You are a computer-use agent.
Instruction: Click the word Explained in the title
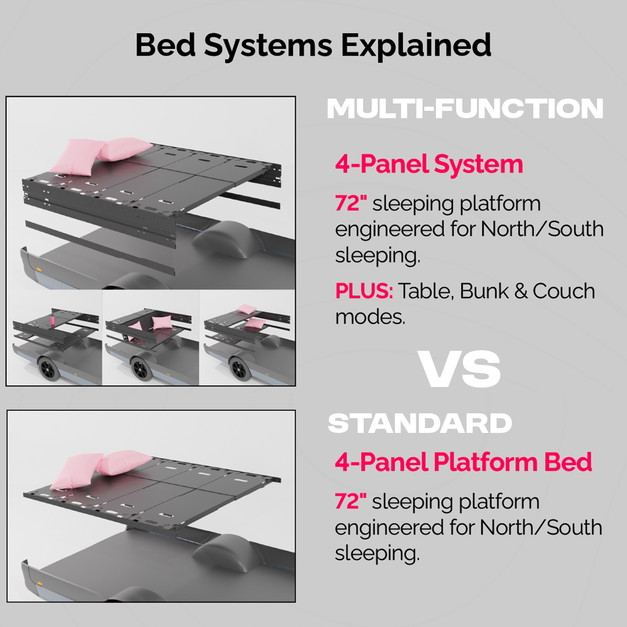click(416, 45)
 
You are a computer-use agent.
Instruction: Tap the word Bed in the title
click(165, 45)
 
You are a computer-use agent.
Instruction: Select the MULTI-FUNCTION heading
click(465, 109)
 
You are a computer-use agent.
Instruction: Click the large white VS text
click(459, 369)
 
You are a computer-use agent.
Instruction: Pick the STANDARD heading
click(420, 424)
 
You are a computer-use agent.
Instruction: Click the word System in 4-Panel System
click(478, 165)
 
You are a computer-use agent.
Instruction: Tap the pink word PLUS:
click(364, 291)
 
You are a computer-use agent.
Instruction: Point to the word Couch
click(564, 291)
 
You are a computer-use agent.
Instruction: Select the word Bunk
click(484, 291)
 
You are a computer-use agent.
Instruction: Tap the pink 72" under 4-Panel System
click(351, 203)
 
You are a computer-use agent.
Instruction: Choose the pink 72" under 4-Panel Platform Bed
click(350, 501)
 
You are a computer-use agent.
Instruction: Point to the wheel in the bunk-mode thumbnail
click(239, 369)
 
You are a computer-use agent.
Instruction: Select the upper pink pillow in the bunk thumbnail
click(246, 309)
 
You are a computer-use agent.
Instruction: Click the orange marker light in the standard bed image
click(40, 584)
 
